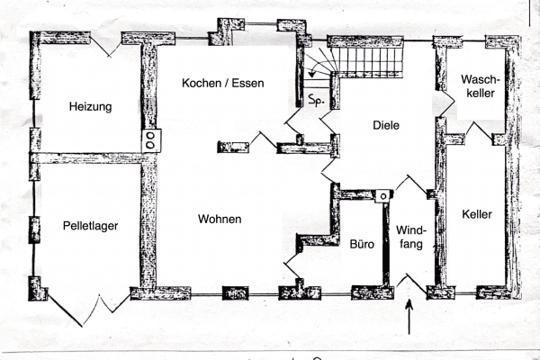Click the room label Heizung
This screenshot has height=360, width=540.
tap(90, 107)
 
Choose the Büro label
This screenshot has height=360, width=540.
tap(362, 243)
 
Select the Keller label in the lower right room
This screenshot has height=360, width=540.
tap(477, 215)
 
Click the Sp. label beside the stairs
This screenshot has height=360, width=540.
tap(316, 99)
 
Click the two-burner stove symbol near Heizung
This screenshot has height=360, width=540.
tap(150, 139)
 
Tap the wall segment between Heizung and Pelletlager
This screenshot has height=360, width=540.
tap(90, 158)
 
